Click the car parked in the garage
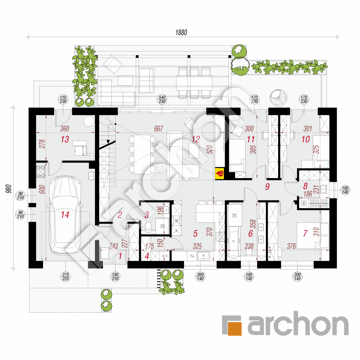pos(64,215)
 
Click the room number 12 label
pos(195,139)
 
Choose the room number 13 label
pos(64,140)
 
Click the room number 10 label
pos(306,139)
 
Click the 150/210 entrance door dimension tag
pos(116,276)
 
